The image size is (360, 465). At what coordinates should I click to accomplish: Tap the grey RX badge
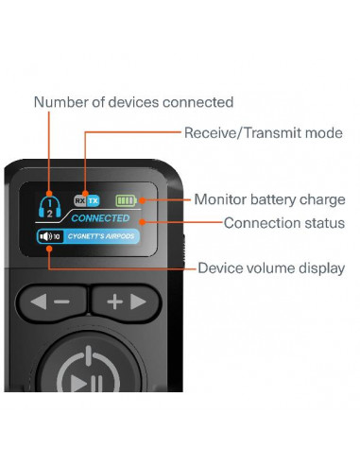pos(80,200)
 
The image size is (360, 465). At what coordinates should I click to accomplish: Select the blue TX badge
pos(93,200)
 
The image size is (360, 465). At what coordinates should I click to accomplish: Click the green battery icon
pos(127,200)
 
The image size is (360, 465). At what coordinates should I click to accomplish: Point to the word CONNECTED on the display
pos(100,218)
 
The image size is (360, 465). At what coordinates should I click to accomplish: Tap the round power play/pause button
pos(86,362)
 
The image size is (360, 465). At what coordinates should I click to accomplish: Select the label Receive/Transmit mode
pos(263,132)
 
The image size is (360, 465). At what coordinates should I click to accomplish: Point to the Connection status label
pos(283,223)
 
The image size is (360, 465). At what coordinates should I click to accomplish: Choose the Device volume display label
pos(270,268)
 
